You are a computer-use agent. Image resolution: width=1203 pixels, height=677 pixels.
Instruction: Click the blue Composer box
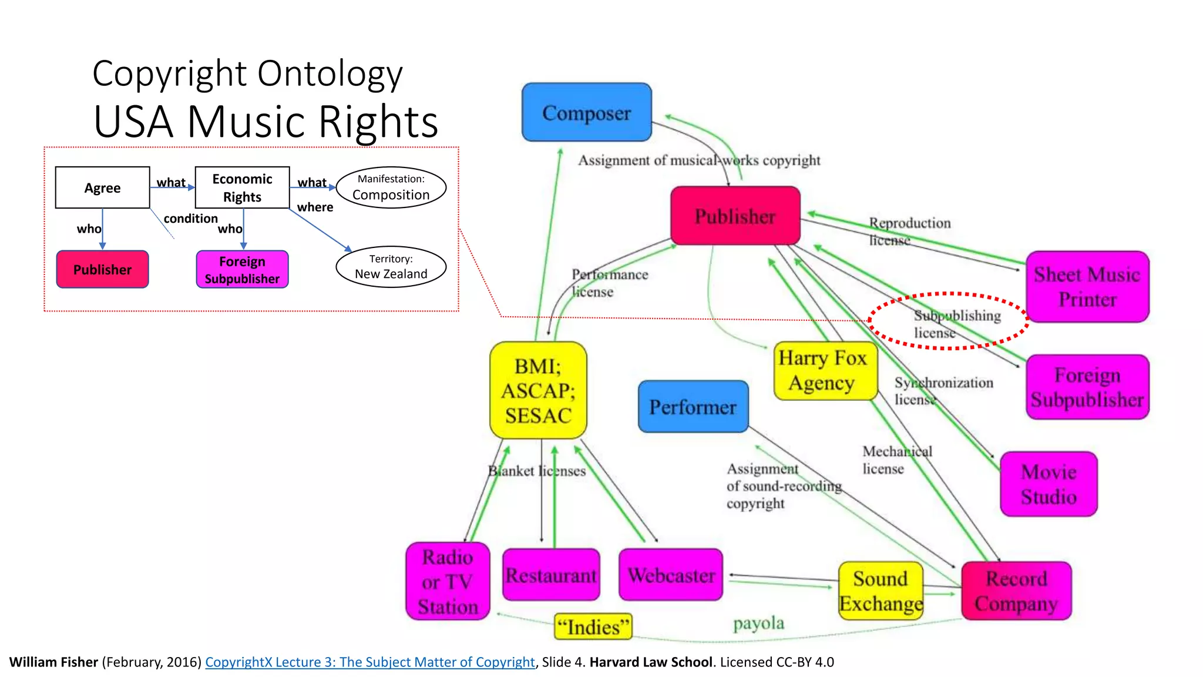tap(586, 112)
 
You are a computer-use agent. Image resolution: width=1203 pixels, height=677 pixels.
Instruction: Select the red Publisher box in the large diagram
tap(735, 216)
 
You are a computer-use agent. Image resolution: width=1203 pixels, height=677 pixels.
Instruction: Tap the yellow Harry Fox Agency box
tap(825, 371)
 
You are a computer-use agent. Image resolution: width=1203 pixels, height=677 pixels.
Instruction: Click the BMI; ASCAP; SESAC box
tap(538, 390)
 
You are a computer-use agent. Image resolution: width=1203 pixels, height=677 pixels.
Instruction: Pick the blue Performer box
tap(693, 407)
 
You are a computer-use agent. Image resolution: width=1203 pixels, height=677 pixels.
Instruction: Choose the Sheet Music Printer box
tap(1087, 287)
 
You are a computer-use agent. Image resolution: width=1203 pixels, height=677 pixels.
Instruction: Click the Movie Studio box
tap(1049, 484)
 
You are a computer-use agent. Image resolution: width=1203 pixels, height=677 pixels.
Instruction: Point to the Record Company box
tap(1016, 591)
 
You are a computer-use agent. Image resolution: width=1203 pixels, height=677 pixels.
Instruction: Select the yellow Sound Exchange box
tap(880, 591)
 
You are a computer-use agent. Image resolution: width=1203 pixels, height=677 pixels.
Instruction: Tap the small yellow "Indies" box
tap(593, 627)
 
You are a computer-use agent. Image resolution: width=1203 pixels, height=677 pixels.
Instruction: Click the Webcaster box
tap(671, 575)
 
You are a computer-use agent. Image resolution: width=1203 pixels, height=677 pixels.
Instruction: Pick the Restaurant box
tap(551, 575)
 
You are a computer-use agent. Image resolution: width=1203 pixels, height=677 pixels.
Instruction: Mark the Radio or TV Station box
tap(448, 581)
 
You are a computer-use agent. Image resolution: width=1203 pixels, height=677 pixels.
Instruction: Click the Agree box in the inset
tap(102, 187)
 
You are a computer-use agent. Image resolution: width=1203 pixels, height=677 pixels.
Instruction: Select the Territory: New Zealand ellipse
tap(391, 267)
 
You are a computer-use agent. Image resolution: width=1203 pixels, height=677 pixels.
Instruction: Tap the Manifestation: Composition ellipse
tap(391, 187)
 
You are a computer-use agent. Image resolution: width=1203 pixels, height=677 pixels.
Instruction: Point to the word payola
tap(758, 623)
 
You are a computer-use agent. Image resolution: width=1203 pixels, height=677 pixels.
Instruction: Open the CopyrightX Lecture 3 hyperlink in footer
tap(369, 662)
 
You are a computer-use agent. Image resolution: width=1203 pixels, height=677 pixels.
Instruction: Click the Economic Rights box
tap(242, 187)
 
